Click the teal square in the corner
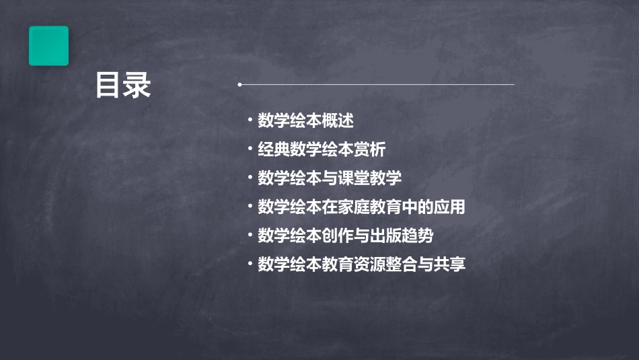pos(48,46)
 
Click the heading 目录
pos(123,86)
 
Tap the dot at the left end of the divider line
pos(240,85)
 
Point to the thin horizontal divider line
pos(377,85)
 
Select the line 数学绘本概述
pos(305,121)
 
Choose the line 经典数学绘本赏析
pos(322,149)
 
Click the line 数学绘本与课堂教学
pos(330,178)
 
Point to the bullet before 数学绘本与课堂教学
pos(250,177)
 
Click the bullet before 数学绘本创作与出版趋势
pos(250,235)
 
